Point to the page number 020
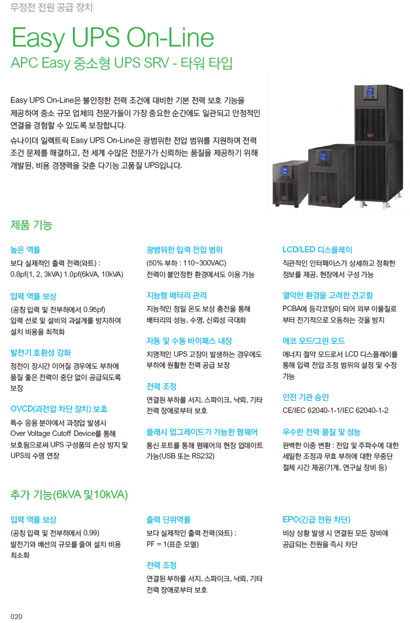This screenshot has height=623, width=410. pos(16,616)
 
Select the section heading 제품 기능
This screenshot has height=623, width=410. pos(31,225)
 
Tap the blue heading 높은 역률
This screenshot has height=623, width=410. pos(26,250)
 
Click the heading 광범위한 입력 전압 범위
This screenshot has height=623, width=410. pos(184,250)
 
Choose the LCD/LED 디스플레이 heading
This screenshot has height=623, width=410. pos(318,250)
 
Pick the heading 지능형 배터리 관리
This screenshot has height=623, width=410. pos(177,296)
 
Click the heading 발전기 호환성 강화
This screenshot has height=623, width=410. pos(41,352)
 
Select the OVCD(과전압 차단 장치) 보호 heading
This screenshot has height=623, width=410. pos(59,409)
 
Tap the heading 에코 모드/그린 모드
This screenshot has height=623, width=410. pos(314,341)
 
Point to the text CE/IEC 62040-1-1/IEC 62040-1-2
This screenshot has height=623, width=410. pos(335,410)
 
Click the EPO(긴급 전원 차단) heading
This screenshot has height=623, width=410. pos(317,520)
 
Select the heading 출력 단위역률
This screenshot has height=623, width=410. pos(169,520)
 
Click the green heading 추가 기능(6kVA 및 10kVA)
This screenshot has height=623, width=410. pos(69,495)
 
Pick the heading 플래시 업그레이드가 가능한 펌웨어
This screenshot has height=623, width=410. pos(202,432)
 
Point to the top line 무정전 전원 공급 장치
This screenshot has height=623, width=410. pos(51,7)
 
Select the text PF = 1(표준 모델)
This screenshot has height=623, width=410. pos(173,544)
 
